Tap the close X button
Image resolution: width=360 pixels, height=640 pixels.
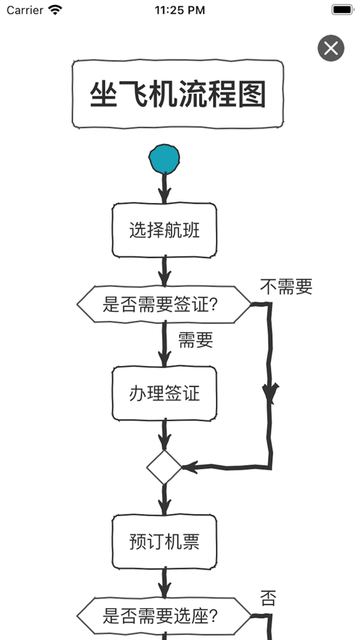click(330, 49)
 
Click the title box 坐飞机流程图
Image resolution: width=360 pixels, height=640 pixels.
click(177, 94)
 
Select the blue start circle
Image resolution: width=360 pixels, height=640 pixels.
click(164, 158)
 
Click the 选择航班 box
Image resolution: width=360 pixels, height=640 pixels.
click(164, 231)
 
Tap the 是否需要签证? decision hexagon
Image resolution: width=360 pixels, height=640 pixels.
click(164, 304)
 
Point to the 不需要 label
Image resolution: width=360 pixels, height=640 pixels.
click(285, 287)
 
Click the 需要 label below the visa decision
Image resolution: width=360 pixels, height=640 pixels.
click(195, 340)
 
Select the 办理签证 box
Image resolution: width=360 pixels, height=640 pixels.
click(164, 394)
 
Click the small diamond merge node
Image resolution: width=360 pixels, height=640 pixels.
click(164, 467)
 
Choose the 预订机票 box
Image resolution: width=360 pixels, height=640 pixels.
click(164, 541)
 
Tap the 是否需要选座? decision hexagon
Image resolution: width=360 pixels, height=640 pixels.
click(164, 616)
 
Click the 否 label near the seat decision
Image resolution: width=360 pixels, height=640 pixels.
click(268, 599)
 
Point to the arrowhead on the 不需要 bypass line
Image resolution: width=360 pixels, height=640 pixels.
click(270, 394)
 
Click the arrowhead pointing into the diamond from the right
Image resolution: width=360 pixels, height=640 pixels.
click(191, 467)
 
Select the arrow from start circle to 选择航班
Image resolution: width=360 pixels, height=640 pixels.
click(164, 188)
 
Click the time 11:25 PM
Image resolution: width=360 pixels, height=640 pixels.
click(180, 10)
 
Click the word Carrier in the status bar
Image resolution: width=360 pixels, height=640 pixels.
click(25, 10)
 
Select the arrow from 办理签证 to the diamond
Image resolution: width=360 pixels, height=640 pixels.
click(164, 436)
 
